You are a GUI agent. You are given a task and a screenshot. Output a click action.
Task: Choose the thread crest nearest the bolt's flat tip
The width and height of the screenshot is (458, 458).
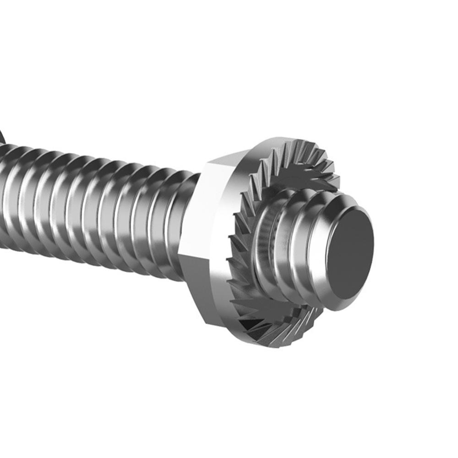pyautogui.click(x=321, y=247)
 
